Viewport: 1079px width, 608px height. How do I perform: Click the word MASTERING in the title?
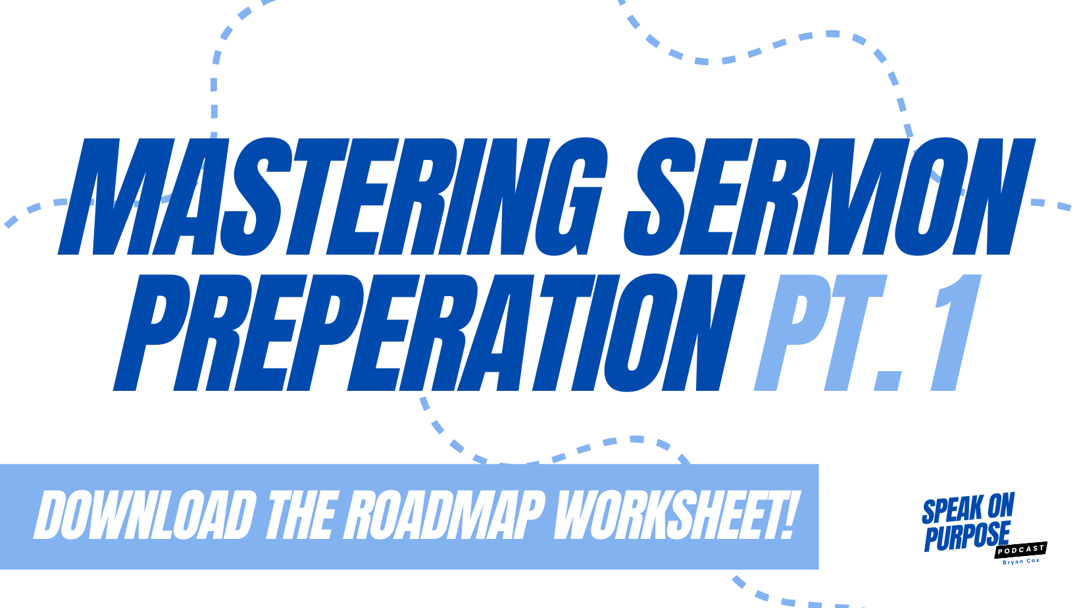(x=332, y=196)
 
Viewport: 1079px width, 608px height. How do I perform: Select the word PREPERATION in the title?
(x=429, y=332)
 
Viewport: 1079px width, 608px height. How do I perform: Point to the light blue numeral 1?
(x=956, y=332)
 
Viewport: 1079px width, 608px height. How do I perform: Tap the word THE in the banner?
(x=301, y=515)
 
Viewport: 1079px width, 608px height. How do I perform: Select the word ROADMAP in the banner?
(x=443, y=515)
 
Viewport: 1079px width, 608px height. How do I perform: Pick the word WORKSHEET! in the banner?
(x=675, y=515)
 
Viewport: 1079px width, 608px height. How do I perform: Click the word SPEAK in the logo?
(x=952, y=510)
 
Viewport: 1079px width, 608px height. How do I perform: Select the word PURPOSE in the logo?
(x=966, y=536)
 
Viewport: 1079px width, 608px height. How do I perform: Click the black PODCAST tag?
(x=1020, y=549)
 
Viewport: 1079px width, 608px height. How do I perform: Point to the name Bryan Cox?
(x=1020, y=561)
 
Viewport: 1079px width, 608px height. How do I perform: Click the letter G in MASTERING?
(x=572, y=196)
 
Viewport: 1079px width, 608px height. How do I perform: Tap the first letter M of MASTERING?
(x=116, y=196)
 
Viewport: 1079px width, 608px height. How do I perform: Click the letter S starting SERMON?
(x=660, y=196)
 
